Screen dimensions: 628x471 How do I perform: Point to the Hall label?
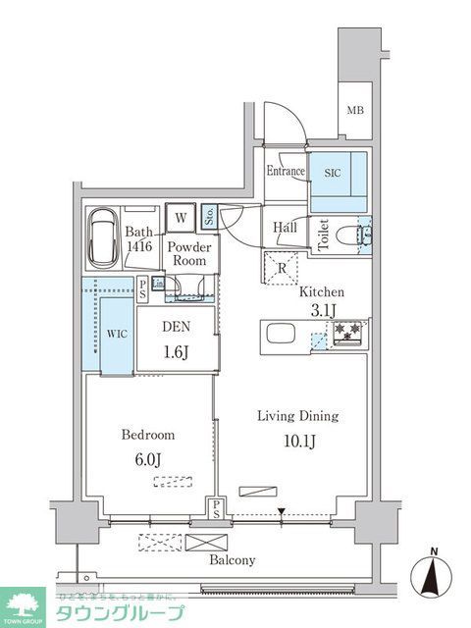[x=286, y=228]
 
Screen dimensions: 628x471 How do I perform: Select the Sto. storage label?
[x=210, y=217]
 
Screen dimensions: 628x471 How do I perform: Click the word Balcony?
[x=233, y=561]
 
